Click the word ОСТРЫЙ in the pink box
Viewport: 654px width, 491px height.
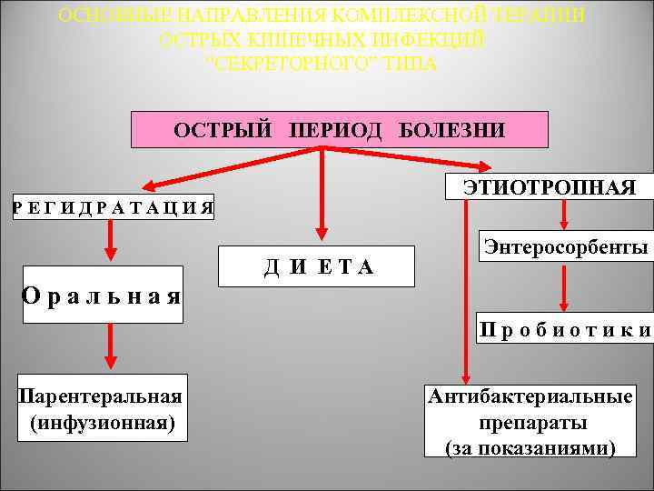223,130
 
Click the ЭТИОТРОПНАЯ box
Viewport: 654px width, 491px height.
550,187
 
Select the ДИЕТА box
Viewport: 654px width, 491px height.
317,266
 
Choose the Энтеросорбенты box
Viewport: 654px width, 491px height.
566,247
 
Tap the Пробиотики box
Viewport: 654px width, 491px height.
566,330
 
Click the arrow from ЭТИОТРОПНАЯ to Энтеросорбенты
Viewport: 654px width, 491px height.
566,216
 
